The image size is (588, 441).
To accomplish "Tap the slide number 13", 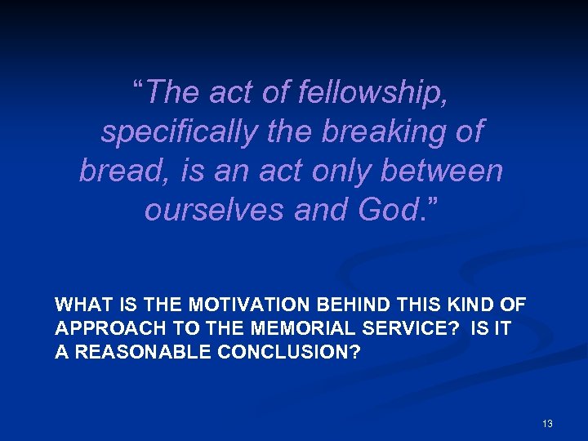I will click(547, 424).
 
